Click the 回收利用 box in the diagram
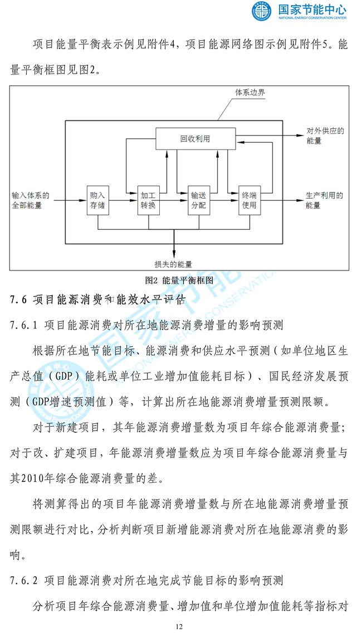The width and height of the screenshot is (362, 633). pyautogui.click(x=195, y=139)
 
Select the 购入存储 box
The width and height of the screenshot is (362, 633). pyautogui.click(x=98, y=200)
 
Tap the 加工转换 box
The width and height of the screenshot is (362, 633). pyautogui.click(x=148, y=200)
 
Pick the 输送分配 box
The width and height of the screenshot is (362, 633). pyautogui.click(x=199, y=200)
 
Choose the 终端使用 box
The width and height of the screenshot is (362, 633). pyautogui.click(x=249, y=200)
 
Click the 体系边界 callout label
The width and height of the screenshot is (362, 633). pyautogui.click(x=250, y=93)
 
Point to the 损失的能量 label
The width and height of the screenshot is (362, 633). pyautogui.click(x=173, y=264)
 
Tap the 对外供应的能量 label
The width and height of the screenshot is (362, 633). pyautogui.click(x=325, y=136)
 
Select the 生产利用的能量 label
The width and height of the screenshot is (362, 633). pyautogui.click(x=324, y=200)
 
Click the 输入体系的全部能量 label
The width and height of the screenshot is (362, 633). pyautogui.click(x=30, y=200)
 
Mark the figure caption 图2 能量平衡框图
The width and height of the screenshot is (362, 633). pyautogui.click(x=179, y=280)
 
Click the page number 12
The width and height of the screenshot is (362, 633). pyautogui.click(x=179, y=626)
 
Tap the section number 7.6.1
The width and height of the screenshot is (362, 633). pyautogui.click(x=24, y=325)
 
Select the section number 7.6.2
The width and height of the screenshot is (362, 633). pyautogui.click(x=24, y=581)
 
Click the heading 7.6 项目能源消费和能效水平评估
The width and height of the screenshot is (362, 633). pyautogui.click(x=98, y=299)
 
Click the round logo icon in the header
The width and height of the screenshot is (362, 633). pyautogui.click(x=262, y=11)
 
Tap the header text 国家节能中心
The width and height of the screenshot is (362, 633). pyautogui.click(x=312, y=9)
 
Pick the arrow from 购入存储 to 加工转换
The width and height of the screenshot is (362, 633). pyautogui.click(x=123, y=200)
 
